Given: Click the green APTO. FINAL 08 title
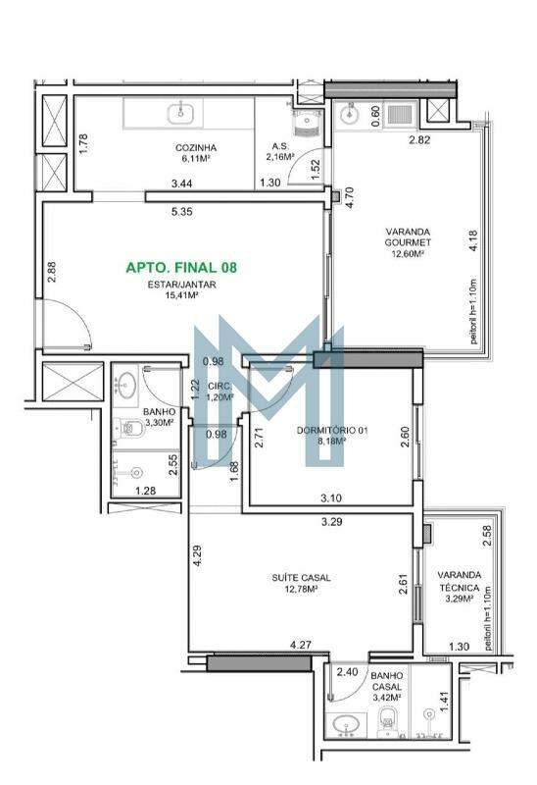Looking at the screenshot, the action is (181, 267).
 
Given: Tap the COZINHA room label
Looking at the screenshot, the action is (196, 148).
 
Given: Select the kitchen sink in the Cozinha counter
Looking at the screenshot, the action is (180, 112).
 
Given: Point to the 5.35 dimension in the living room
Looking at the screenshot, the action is (181, 212).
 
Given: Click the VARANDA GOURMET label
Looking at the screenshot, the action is (408, 236).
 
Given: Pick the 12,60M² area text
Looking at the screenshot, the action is (408, 254).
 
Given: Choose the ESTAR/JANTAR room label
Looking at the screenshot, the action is (181, 285).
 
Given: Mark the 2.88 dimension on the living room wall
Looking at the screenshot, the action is (52, 273).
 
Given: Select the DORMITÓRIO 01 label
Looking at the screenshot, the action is (332, 430).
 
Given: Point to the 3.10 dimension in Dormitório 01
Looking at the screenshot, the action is (331, 498).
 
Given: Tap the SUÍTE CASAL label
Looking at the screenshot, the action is (301, 578).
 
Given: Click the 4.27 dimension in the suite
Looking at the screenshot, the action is (301, 645).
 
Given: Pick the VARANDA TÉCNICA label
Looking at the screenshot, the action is (459, 581).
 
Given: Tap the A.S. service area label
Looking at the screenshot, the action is (280, 146).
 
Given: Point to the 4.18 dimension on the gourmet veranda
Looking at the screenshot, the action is (473, 240).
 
